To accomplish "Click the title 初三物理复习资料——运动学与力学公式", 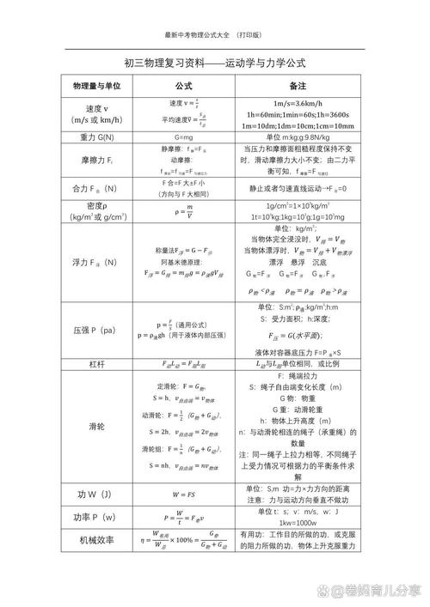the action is click(215, 64).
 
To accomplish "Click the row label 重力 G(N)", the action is click(96, 137).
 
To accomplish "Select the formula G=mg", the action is click(183, 137).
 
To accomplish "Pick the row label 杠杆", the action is click(96, 365).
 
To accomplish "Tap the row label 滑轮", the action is click(96, 426).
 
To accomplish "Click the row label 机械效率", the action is click(96, 541).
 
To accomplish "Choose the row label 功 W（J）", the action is click(96, 495).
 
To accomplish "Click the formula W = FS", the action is click(183, 495).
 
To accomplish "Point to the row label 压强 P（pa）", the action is click(96, 330).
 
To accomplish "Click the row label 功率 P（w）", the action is click(96, 518).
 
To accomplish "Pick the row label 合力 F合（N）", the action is click(96, 188).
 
